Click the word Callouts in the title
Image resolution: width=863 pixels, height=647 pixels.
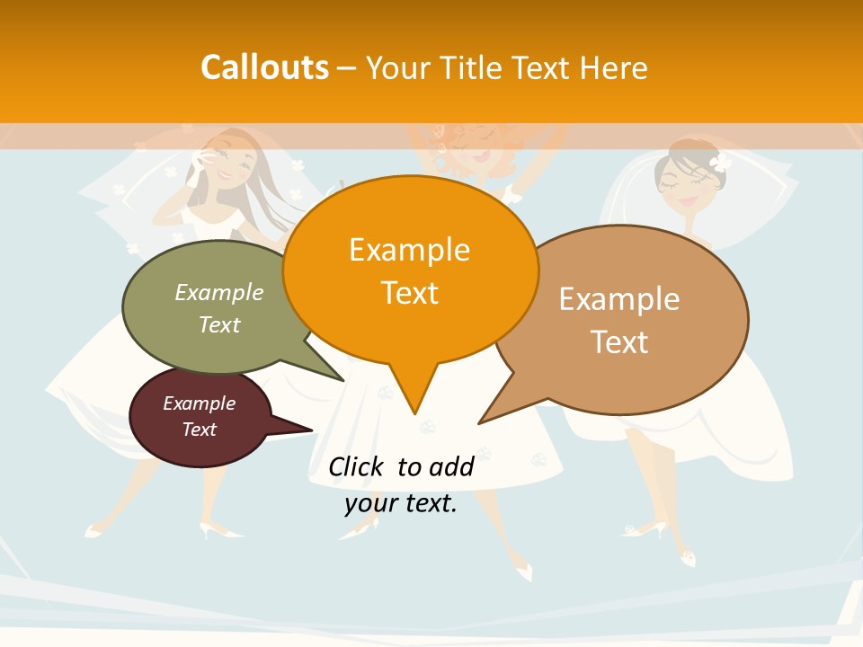[x=264, y=67]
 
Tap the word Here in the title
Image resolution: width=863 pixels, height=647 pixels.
[x=613, y=67]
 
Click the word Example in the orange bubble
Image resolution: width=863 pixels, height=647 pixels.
[x=410, y=250]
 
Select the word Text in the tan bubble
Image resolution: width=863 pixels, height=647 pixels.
[x=619, y=342]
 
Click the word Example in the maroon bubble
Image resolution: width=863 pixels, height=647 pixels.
[x=199, y=403]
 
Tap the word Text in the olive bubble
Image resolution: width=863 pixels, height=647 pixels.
[x=219, y=324]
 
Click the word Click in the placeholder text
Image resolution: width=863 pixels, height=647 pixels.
[x=356, y=466]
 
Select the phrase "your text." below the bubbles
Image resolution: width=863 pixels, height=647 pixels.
[x=401, y=503]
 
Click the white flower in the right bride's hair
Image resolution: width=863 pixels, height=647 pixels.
[x=719, y=163]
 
